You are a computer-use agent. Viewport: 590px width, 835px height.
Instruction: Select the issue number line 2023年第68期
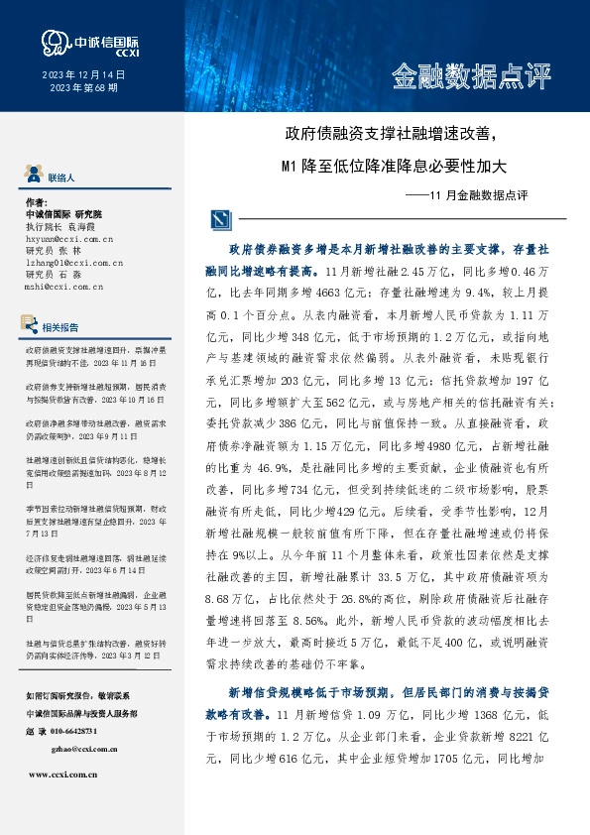83,88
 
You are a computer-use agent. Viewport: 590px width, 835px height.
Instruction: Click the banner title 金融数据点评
470,75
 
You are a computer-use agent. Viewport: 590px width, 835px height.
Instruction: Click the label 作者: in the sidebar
36,201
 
